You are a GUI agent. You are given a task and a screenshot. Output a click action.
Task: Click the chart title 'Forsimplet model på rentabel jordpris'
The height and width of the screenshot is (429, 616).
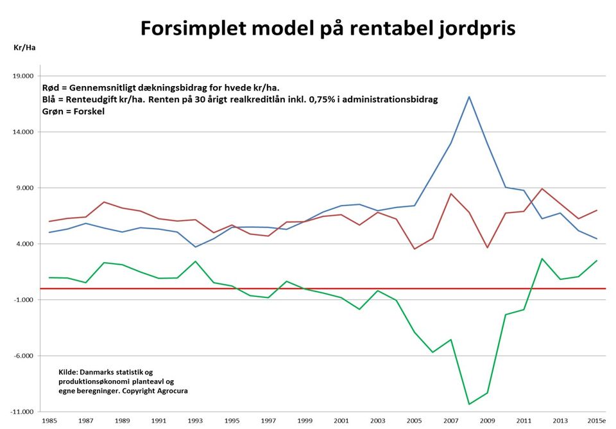click(328, 28)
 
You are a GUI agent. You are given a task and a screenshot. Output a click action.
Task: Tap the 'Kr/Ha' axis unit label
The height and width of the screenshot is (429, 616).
click(24, 48)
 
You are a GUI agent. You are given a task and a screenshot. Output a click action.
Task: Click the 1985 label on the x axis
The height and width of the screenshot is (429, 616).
click(49, 421)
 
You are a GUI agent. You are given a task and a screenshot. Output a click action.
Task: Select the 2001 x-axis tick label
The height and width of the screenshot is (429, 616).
click(341, 421)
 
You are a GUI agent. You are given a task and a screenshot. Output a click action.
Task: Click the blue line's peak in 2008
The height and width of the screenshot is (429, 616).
click(469, 96)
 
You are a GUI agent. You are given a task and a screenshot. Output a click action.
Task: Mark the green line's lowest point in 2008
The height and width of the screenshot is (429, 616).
click(469, 404)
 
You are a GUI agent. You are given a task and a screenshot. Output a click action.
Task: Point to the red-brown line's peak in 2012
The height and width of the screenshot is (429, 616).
click(542, 189)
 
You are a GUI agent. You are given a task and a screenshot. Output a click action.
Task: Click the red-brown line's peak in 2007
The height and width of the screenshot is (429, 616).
click(451, 193)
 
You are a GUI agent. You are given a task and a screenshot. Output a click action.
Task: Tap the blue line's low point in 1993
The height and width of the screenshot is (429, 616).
click(196, 247)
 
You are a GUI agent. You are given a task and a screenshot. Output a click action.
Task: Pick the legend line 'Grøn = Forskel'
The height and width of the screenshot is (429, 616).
click(73, 111)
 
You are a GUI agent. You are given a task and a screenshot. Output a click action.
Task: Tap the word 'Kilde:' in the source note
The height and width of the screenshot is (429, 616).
click(69, 372)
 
